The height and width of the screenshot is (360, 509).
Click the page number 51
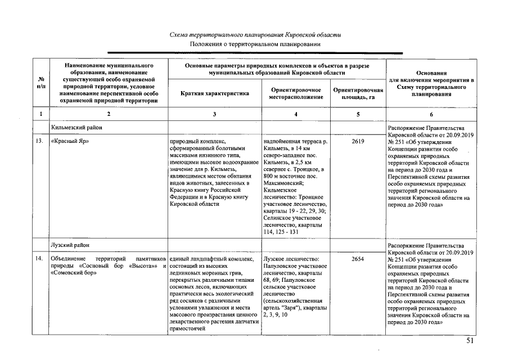471,341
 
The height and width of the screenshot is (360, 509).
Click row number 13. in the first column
40,141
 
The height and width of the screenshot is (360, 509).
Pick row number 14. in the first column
40,259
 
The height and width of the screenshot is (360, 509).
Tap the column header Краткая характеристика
215,93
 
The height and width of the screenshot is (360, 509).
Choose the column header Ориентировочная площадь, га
358,93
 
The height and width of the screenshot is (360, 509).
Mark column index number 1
40,114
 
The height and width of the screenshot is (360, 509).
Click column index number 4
296,114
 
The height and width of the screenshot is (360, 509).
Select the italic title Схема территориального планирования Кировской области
255,35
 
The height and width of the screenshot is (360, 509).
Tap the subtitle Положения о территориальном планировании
255,44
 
